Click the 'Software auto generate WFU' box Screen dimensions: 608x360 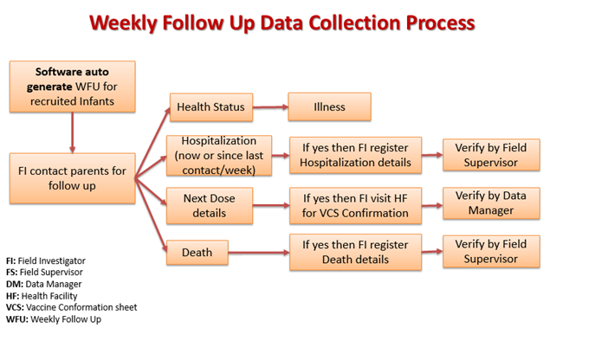tap(73, 87)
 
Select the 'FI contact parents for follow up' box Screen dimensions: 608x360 tap(73, 178)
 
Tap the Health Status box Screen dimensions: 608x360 tap(211, 107)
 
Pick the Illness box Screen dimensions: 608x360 tap(330, 106)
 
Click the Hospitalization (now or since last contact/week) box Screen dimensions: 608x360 tap(219, 156)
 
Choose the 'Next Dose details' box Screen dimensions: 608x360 tap(210, 206)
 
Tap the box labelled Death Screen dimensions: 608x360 tap(197, 253)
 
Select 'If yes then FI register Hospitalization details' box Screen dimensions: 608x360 tap(356, 155)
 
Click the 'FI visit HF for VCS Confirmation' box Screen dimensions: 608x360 tap(356, 206)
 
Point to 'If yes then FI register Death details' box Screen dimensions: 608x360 tap(356, 253)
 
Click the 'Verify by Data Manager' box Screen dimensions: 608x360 tap(491, 203)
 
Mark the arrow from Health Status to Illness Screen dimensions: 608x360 tap(270, 107)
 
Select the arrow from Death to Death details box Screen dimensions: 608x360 tap(259, 253)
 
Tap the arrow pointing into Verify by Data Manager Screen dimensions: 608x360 tap(432, 205)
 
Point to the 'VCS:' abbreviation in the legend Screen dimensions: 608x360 tap(15, 307)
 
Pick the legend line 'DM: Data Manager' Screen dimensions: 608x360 tap(44, 284)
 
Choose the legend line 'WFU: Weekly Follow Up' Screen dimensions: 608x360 tap(54, 319)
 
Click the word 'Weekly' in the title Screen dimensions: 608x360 tap(123, 22)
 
